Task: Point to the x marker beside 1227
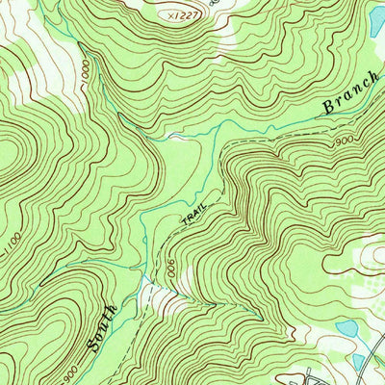[167, 15]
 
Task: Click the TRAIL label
[192, 223]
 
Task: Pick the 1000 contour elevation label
[89, 74]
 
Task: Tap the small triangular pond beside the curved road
[359, 362]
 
